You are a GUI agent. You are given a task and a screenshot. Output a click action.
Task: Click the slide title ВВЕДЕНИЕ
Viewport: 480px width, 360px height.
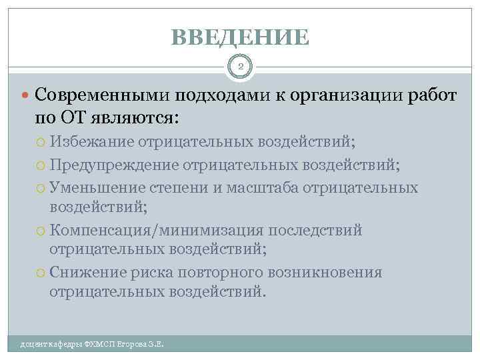point(240,37)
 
